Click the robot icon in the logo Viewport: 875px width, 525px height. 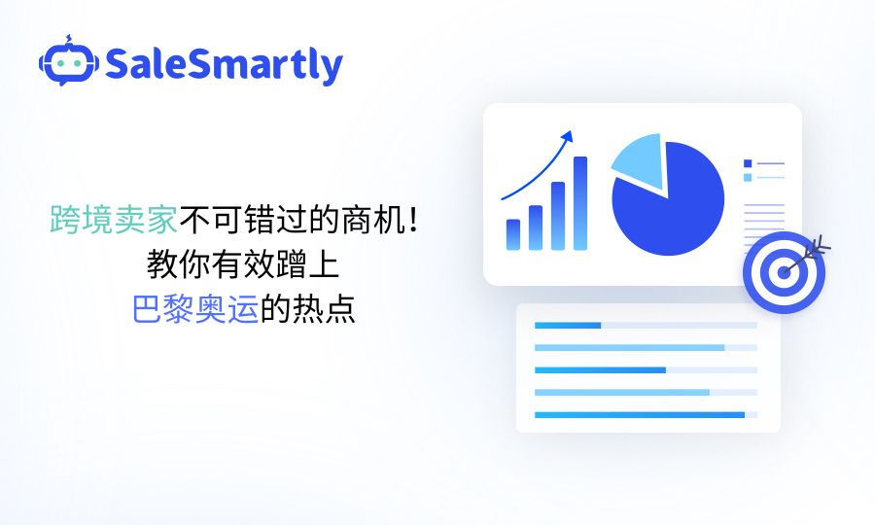tap(69, 61)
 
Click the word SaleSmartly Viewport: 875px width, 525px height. tap(224, 65)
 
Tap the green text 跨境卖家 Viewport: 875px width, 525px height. tap(114, 220)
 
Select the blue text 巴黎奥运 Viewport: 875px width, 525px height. tap(195, 308)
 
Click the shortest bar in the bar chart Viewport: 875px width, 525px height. tap(512, 234)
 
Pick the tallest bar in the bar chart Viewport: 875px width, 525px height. tap(580, 203)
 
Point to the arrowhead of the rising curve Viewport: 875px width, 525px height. tap(567, 137)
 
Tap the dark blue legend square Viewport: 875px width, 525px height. tap(748, 163)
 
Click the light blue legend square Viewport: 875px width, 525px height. tap(748, 177)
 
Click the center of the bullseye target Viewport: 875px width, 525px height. tap(784, 273)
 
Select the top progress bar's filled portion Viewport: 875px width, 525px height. tap(568, 326)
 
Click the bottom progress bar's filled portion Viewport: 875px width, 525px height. tap(640, 414)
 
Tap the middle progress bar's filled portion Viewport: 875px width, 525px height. tap(600, 369)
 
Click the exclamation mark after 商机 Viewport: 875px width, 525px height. tap(413, 220)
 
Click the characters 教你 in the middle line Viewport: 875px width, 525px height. tap(179, 263)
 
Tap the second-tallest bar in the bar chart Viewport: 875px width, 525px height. tap(558, 216)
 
